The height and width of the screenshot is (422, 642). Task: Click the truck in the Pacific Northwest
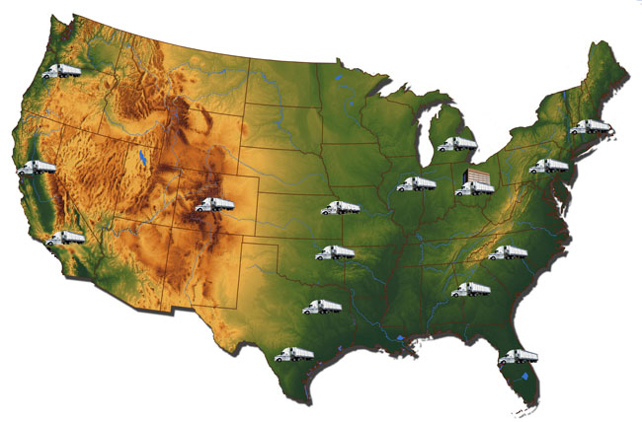[63, 71]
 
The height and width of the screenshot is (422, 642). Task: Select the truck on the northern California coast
[37, 168]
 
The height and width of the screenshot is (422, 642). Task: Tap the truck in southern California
[66, 238]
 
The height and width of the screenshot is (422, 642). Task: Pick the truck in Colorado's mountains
[215, 204]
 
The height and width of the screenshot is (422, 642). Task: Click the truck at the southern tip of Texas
[294, 354]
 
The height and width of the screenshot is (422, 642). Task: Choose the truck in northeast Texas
[322, 307]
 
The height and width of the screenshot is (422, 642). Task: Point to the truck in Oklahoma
[335, 253]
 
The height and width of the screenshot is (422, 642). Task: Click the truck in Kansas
[343, 208]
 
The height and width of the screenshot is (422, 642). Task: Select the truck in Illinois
[416, 183]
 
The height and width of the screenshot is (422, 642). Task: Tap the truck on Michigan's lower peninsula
[457, 144]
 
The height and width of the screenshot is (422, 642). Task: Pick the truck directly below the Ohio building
[474, 188]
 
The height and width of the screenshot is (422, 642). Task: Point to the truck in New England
[590, 127]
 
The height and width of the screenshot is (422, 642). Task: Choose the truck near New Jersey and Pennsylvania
[549, 166]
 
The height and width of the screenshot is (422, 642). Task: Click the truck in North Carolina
[509, 252]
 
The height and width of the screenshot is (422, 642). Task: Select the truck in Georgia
[470, 289]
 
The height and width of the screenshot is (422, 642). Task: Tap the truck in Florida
[517, 357]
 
